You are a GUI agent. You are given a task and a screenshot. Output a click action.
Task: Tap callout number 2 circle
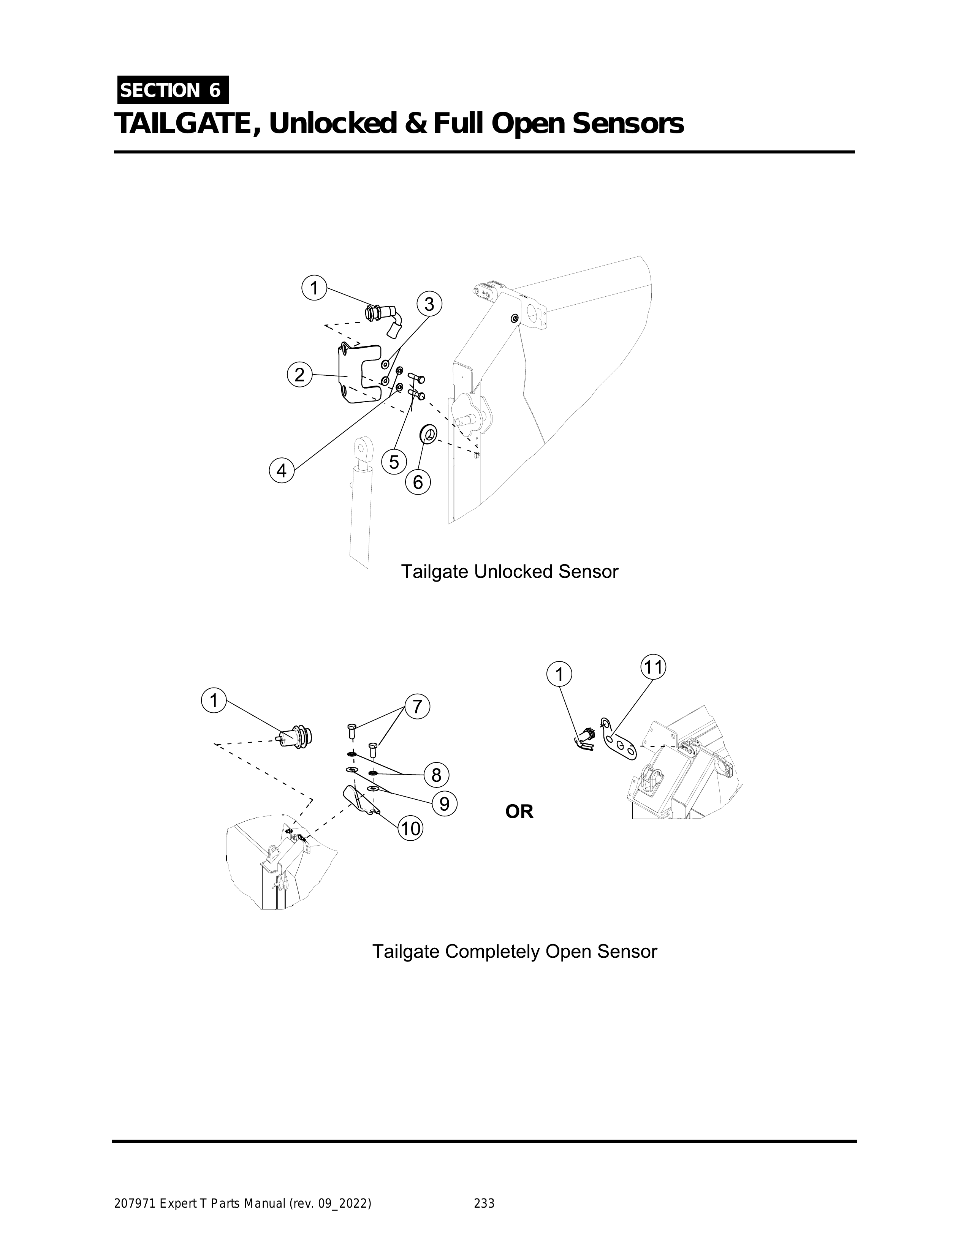coord(299,375)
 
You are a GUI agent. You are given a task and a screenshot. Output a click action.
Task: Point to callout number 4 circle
coord(282,471)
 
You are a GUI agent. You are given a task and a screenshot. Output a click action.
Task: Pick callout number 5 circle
coord(394,462)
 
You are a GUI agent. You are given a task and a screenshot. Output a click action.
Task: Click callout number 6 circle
coord(418,482)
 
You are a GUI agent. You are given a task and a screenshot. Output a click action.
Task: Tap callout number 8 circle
coord(437,775)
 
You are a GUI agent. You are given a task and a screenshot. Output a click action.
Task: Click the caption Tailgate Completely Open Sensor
coord(515,951)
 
